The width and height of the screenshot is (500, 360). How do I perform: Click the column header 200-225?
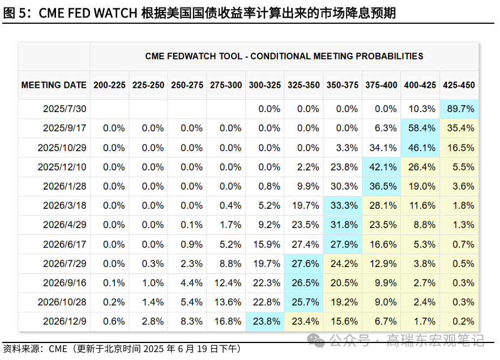(110, 85)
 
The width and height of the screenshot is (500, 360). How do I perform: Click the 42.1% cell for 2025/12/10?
(382, 167)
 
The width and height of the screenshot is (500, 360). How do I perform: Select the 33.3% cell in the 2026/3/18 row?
(343, 205)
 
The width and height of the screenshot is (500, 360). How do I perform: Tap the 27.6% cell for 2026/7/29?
(304, 263)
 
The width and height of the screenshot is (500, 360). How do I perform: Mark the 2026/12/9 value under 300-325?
(265, 321)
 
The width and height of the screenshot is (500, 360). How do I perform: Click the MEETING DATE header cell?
(54, 85)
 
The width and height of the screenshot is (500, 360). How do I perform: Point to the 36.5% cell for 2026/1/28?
(382, 186)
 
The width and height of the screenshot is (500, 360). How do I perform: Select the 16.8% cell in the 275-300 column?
(227, 321)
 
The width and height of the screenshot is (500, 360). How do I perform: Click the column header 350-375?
(343, 85)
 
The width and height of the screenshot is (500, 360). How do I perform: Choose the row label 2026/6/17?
(63, 244)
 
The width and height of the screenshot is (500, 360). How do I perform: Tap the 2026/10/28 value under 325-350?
(304, 302)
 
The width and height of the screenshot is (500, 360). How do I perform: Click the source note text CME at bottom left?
(59, 349)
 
